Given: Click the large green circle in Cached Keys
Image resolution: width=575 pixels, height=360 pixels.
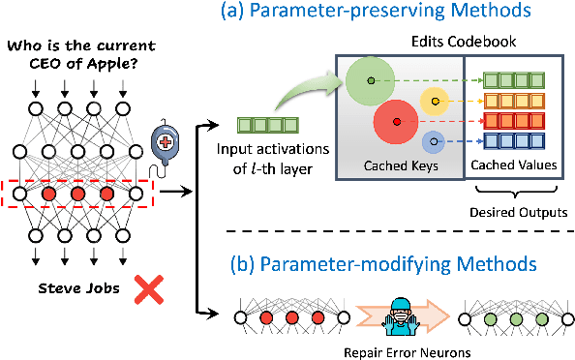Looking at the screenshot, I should point(360,83).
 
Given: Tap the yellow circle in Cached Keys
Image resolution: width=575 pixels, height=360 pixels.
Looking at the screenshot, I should point(435,102).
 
